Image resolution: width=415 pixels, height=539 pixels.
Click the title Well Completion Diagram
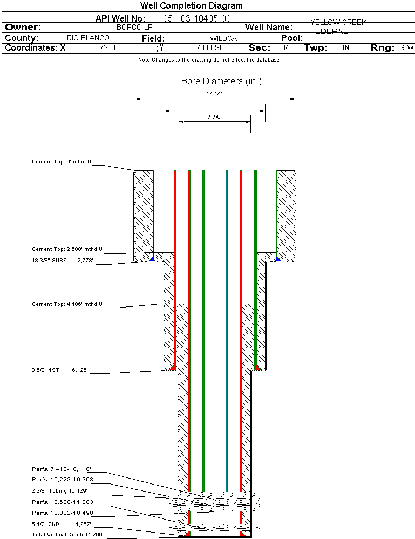coord(192,6)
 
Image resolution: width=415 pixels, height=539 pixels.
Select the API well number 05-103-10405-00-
coord(198,19)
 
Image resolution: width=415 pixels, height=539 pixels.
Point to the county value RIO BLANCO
coord(88,38)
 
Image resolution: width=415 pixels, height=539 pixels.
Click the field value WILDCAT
coord(225,38)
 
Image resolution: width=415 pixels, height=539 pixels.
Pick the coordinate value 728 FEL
coord(113,48)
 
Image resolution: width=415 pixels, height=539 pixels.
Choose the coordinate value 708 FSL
coord(210,48)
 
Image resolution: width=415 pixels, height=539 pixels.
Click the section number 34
coord(285,48)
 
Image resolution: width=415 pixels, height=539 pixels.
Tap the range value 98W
coord(407,48)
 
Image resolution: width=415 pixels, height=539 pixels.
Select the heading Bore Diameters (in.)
coord(221,81)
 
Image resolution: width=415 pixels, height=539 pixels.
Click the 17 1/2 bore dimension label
coord(214,94)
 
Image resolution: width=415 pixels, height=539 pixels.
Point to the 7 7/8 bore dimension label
coord(214,117)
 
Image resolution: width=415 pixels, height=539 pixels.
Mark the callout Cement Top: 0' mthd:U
coord(62,161)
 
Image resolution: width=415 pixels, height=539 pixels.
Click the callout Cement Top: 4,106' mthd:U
coord(67,304)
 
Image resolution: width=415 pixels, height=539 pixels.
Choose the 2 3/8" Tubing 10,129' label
coord(59,491)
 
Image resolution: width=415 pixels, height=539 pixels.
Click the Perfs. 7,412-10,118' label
coord(61,469)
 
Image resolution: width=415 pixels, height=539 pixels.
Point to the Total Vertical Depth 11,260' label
coord(67,535)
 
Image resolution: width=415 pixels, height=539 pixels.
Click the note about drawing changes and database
coord(209,60)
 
